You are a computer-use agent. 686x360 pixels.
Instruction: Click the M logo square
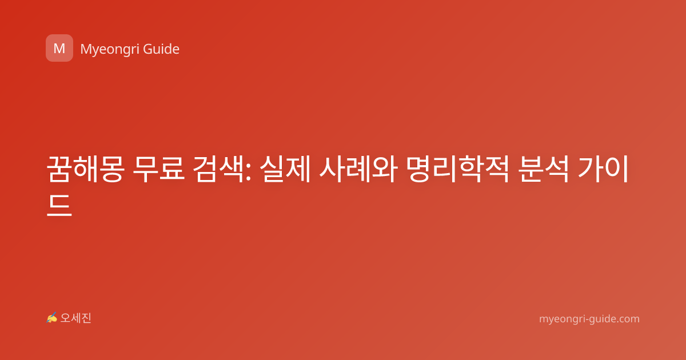(x=59, y=48)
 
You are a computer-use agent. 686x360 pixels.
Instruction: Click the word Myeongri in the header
(x=110, y=50)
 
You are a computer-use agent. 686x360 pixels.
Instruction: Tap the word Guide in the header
(x=161, y=49)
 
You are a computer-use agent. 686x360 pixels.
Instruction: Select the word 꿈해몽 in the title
(x=85, y=169)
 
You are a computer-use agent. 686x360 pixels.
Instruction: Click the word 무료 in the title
(x=159, y=169)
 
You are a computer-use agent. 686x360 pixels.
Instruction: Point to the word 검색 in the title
(x=219, y=169)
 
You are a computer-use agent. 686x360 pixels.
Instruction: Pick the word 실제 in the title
(x=285, y=169)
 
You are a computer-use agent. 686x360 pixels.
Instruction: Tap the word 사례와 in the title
(x=358, y=169)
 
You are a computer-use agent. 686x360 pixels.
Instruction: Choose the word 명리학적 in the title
(x=457, y=169)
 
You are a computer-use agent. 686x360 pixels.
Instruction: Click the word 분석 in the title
(x=543, y=169)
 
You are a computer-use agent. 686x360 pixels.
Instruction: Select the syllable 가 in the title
(x=590, y=169)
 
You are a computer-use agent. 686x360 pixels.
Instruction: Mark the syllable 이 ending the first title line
(x=616, y=169)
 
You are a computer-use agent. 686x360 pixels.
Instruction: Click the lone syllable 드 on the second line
(x=59, y=205)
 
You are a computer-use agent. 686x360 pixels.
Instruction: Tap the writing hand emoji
(x=52, y=318)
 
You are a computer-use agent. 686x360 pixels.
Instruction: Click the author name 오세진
(x=75, y=318)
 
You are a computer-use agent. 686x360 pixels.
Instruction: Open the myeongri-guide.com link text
(x=589, y=319)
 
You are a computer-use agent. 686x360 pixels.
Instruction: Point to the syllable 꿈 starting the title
(x=59, y=169)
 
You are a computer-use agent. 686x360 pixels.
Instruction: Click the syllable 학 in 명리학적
(x=470, y=169)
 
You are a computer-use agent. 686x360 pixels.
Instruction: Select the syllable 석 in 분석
(x=556, y=169)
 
